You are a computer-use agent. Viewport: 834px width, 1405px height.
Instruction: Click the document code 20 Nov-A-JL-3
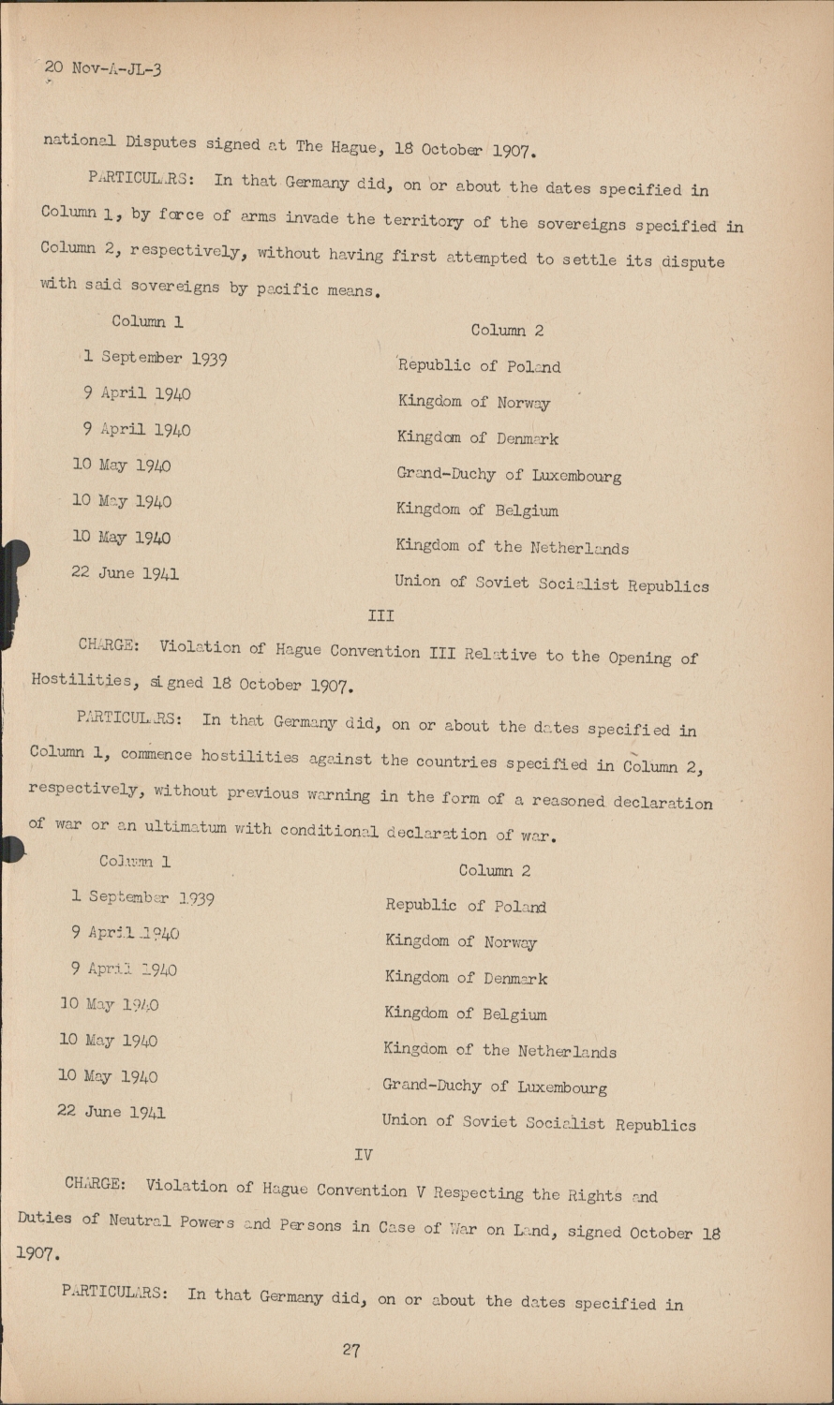102,68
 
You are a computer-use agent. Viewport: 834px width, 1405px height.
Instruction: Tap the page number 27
351,1350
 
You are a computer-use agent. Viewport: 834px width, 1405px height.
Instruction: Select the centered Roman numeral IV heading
364,1154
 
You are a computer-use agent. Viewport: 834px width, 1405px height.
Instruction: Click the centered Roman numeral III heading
380,615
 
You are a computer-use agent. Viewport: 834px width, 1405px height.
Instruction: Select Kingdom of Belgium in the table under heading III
465,1013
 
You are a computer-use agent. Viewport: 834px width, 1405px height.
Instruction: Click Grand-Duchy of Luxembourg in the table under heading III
494,1087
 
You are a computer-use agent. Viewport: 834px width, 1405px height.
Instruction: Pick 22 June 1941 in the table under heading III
112,1112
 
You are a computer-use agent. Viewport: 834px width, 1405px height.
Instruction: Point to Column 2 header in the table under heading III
494,870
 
